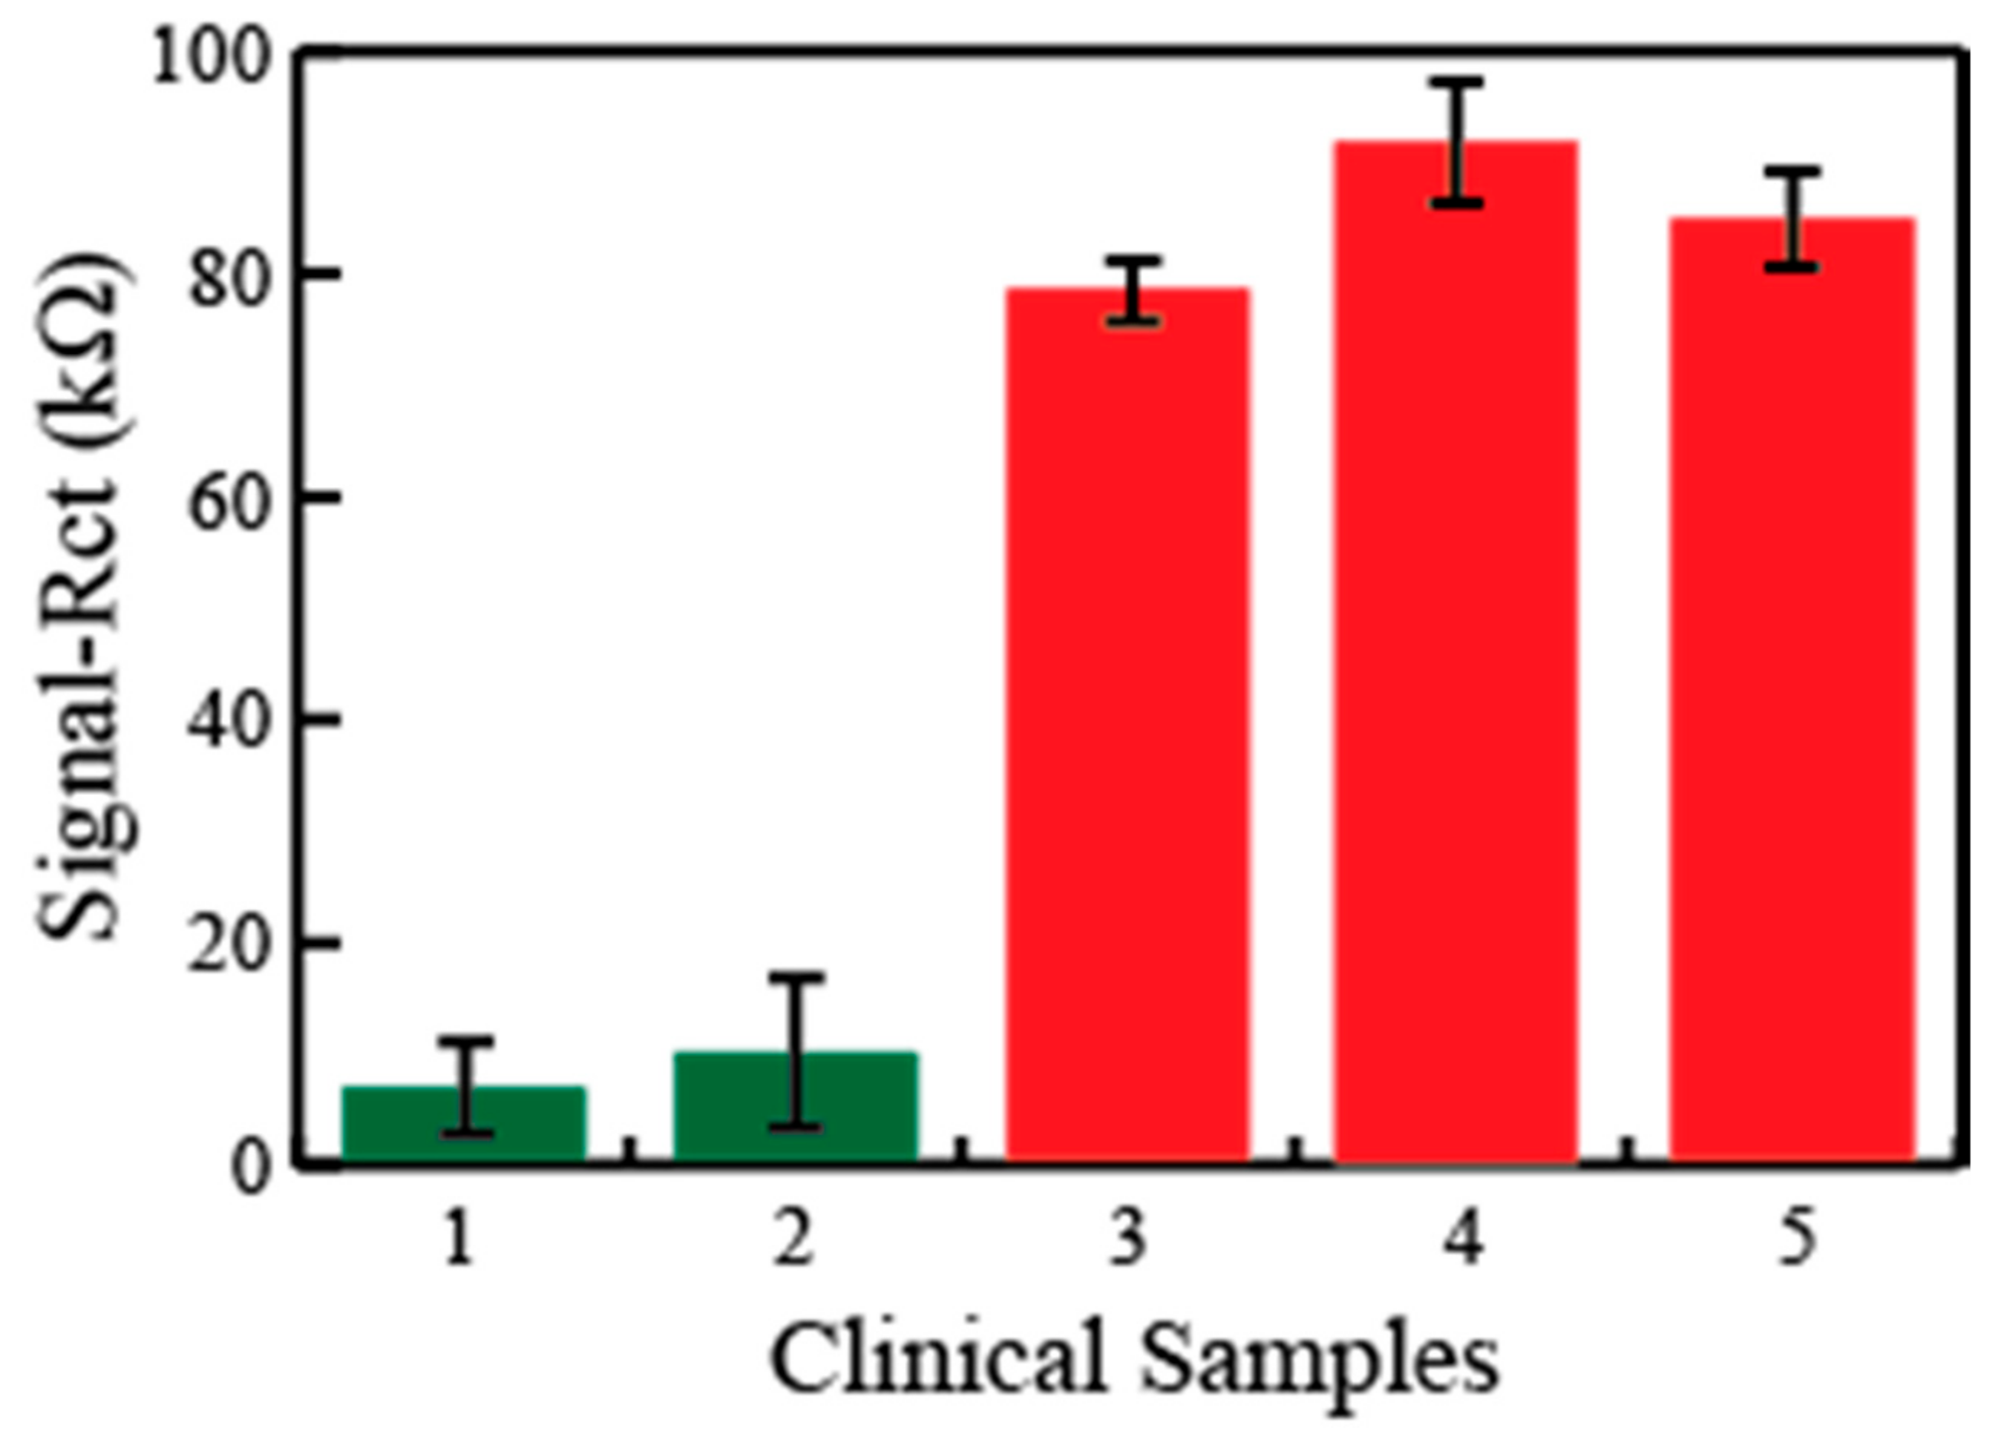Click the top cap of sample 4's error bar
1456,83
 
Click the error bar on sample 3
1133,291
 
